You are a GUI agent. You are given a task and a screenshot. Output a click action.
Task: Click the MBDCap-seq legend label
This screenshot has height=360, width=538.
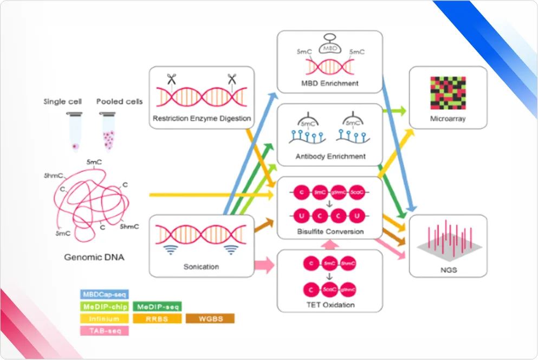[104, 294]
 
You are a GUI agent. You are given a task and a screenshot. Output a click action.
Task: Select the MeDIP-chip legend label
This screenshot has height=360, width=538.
[104, 306]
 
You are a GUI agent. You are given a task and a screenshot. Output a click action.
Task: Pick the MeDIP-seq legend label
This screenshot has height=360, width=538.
[157, 306]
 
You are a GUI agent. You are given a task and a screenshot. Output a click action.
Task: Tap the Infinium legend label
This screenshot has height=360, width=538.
[104, 318]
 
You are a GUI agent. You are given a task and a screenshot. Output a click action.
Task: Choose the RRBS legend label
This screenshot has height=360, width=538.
[157, 318]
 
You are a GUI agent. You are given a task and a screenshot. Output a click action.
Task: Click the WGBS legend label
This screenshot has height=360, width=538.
[210, 318]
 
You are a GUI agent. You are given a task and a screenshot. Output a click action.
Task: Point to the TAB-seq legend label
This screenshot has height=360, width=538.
[104, 330]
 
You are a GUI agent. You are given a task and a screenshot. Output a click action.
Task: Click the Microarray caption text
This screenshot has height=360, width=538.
[448, 119]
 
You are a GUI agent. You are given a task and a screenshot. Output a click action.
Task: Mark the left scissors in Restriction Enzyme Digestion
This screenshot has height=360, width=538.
[172, 79]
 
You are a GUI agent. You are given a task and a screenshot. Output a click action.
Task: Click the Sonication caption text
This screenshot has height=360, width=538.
[202, 266]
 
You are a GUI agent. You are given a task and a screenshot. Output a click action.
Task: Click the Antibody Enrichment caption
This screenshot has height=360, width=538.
[330, 156]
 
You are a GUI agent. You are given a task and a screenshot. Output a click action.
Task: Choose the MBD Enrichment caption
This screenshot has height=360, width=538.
[330, 83]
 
